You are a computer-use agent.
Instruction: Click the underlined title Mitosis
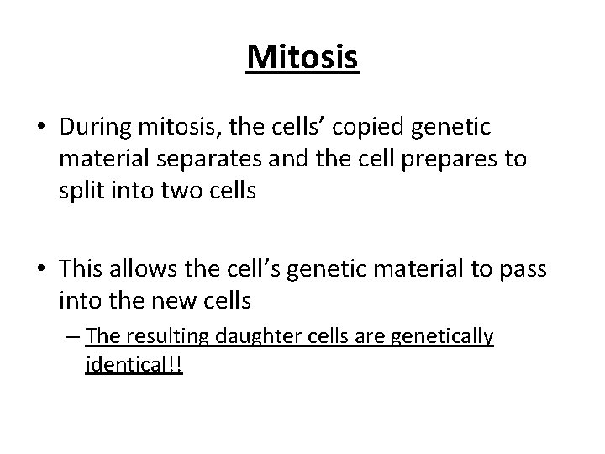pyautogui.click(x=302, y=57)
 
